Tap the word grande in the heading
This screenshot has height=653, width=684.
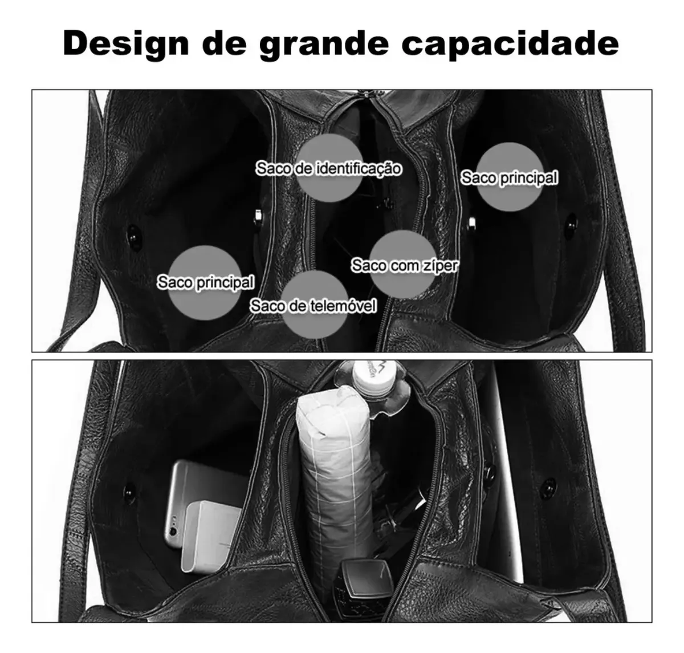click(324, 45)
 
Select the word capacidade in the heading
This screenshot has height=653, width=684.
click(510, 44)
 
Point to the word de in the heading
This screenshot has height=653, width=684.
click(225, 43)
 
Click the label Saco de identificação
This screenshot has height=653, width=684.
click(328, 168)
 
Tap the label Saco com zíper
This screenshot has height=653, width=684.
click(404, 266)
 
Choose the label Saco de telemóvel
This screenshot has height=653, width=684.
click(313, 306)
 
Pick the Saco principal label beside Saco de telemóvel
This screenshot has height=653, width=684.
click(206, 282)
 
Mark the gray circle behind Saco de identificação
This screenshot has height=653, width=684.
click(329, 168)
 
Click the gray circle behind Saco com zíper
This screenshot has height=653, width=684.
click(402, 264)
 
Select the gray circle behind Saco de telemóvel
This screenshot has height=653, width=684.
click(315, 305)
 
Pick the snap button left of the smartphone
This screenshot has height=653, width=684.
click(129, 493)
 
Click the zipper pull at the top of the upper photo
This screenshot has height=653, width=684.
click(367, 94)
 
